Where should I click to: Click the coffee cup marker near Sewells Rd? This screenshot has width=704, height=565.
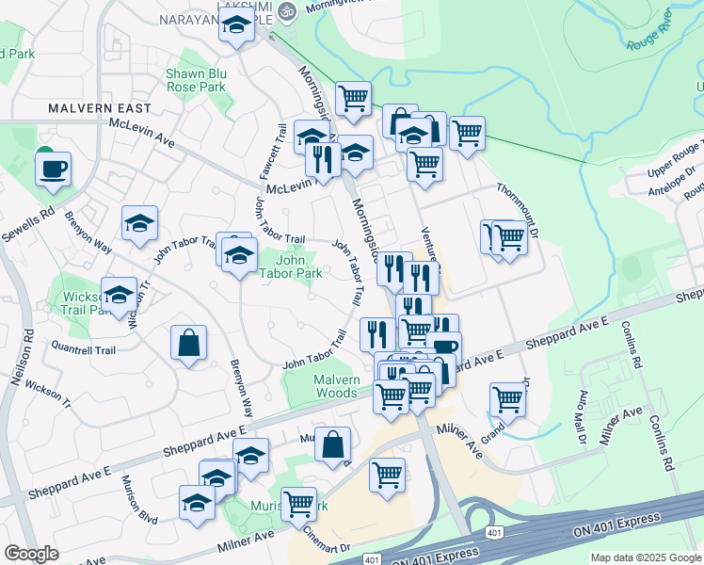tap(53, 169)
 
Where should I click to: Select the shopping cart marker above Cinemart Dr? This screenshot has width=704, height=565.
tap(387, 475)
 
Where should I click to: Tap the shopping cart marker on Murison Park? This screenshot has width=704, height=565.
tap(298, 503)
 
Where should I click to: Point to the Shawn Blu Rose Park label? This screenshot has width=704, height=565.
tap(196, 79)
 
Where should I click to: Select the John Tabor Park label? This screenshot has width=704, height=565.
tap(299, 266)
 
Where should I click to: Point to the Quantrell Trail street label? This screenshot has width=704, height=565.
tap(83, 349)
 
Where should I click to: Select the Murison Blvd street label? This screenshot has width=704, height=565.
tap(139, 500)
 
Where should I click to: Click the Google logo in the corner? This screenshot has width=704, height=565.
tap(32, 554)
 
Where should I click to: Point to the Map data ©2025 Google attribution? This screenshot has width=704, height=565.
tap(645, 557)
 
